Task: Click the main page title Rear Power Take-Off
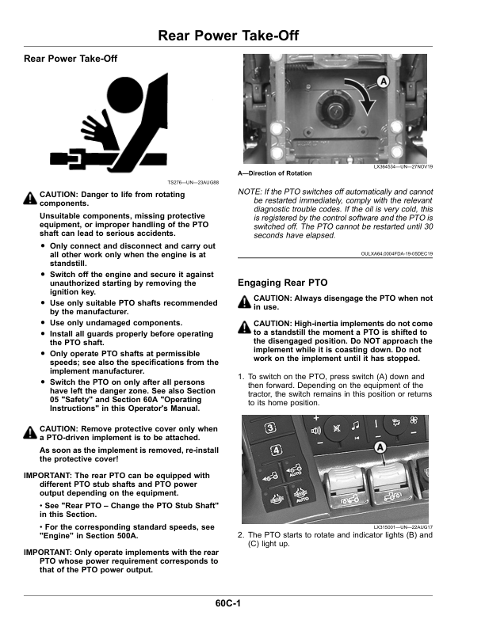pyautogui.click(x=228, y=36)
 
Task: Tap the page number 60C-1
pyautogui.click(x=227, y=603)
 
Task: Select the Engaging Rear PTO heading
pyautogui.click(x=282, y=283)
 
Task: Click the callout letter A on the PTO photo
pyautogui.click(x=384, y=82)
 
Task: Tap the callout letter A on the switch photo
pyautogui.click(x=380, y=447)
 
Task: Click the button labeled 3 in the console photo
pyautogui.click(x=271, y=428)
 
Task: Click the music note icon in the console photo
pyautogui.click(x=355, y=426)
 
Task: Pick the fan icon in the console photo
pyautogui.click(x=414, y=420)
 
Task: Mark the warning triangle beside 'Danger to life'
pyautogui.click(x=30, y=198)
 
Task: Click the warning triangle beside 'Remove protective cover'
pyautogui.click(x=30, y=432)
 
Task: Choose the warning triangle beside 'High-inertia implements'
pyautogui.click(x=244, y=327)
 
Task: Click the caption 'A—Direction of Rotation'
pyautogui.click(x=274, y=173)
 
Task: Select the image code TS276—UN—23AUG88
pyautogui.click(x=193, y=183)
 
